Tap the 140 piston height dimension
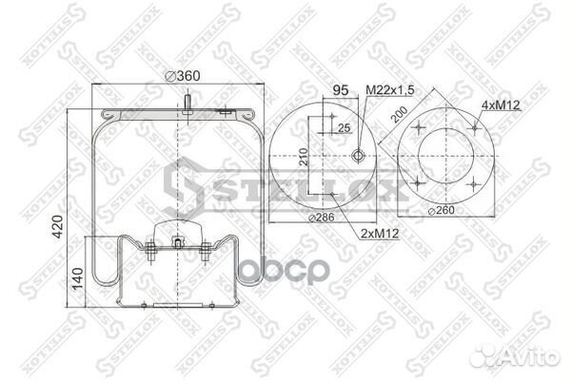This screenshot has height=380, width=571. (77, 282)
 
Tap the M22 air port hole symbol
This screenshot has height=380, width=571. (358, 157)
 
